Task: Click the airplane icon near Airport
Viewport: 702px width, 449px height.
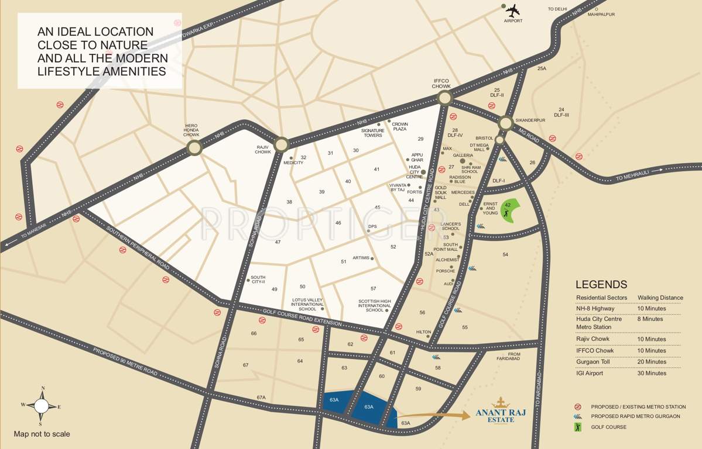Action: pos(513,11)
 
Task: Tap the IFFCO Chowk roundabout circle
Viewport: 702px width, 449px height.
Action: pos(445,98)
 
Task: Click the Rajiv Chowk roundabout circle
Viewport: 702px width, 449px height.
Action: pos(282,144)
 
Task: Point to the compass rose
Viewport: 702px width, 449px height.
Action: pos(41,405)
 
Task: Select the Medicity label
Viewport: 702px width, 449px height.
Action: pos(293,163)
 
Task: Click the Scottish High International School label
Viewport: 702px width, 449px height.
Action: pos(374,306)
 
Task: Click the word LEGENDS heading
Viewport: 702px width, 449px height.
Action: pos(601,285)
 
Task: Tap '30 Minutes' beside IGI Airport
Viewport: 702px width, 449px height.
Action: pos(652,373)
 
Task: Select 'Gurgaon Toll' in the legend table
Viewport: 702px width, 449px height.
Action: pos(593,361)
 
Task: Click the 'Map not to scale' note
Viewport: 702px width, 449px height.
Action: pos(42,434)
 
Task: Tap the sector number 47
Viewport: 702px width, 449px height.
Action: pos(278,242)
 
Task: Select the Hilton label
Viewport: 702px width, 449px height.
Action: pos(423,331)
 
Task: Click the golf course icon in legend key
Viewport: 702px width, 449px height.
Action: pos(578,427)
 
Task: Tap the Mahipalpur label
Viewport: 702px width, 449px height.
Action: pos(601,14)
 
